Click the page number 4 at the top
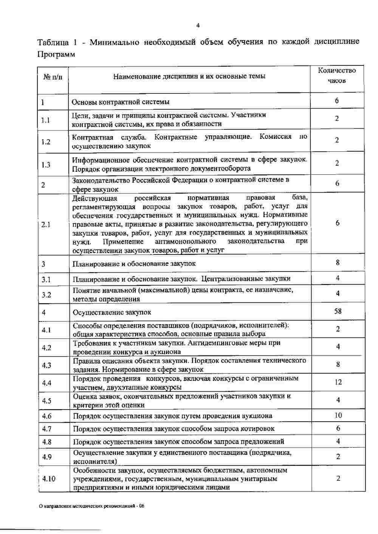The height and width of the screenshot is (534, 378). pyautogui.click(x=198, y=26)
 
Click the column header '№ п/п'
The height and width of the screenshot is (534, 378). pyautogui.click(x=53, y=77)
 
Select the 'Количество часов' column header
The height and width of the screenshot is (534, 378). pyautogui.click(x=337, y=75)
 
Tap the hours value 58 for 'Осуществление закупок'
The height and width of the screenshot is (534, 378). pyautogui.click(x=338, y=311)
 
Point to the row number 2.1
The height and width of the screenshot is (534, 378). pyautogui.click(x=46, y=225)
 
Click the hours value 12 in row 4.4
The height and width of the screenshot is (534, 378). pyautogui.click(x=338, y=382)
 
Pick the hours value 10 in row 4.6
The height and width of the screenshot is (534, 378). pyautogui.click(x=338, y=415)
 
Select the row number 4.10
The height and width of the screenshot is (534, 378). pyautogui.click(x=49, y=479)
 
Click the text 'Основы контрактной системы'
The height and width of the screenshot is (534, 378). pyautogui.click(x=121, y=102)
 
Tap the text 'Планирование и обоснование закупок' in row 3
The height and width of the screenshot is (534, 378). pyautogui.click(x=134, y=264)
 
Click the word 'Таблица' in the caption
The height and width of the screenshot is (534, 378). pyautogui.click(x=53, y=42)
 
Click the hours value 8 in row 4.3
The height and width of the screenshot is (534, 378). pyautogui.click(x=338, y=364)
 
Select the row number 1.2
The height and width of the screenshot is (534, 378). pyautogui.click(x=46, y=142)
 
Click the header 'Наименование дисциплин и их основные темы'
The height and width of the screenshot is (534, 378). pyautogui.click(x=189, y=76)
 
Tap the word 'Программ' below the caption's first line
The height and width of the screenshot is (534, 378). pyautogui.click(x=56, y=54)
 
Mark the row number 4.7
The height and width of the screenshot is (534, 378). pyautogui.click(x=47, y=429)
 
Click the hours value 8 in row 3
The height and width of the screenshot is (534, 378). pyautogui.click(x=338, y=262)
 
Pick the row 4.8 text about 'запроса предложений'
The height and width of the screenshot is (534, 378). pyautogui.click(x=178, y=442)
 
